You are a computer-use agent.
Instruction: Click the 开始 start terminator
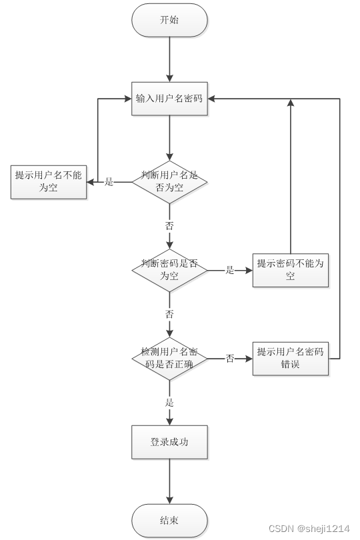[x=169, y=20]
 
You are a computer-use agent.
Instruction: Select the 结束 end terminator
[x=169, y=521]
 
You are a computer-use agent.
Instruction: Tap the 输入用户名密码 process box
[x=169, y=99]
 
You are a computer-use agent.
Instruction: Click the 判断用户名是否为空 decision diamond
[x=169, y=181]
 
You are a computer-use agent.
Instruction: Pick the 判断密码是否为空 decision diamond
[x=169, y=270]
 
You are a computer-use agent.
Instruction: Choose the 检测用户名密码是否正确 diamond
[x=169, y=358]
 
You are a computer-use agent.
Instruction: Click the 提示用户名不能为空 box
[x=49, y=181]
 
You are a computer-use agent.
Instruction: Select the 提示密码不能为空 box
[x=290, y=270]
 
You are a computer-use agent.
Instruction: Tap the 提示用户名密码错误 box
[x=290, y=358]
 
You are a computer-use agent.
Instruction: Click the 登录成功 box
[x=169, y=441]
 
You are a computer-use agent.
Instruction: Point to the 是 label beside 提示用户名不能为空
[x=109, y=181]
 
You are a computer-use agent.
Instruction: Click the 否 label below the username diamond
[x=169, y=226]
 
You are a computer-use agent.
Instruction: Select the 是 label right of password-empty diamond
[x=230, y=270]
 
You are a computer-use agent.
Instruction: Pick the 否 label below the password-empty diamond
[x=169, y=314]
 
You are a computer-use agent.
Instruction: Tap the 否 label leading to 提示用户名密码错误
[x=230, y=359]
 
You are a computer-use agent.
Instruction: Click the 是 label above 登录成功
[x=169, y=403]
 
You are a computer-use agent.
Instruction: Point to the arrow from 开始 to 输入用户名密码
[x=169, y=60]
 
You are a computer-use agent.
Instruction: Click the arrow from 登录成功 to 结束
[x=169, y=481]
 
